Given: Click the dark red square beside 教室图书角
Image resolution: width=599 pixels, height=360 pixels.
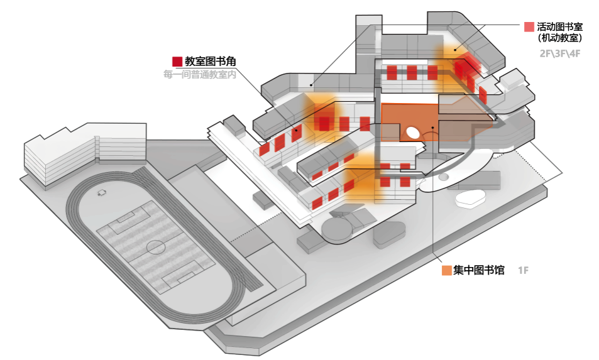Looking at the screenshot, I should [177, 62].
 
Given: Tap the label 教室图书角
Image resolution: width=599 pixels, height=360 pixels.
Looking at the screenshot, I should [210, 62].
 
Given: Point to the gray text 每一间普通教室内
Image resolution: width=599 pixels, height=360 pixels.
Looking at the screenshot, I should [199, 74].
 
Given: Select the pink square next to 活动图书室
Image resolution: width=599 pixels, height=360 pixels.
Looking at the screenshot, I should [529, 27].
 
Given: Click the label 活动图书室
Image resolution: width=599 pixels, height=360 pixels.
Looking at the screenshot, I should [559, 27].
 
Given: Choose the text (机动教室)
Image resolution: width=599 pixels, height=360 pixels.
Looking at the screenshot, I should [559, 38].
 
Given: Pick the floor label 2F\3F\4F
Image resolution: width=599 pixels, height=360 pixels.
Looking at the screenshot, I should [559, 53].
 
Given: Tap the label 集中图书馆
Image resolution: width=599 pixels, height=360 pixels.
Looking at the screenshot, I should [478, 270].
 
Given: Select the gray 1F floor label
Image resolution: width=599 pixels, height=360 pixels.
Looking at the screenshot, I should [523, 270].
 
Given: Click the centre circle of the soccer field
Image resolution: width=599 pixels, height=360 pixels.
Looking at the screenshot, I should [156, 247].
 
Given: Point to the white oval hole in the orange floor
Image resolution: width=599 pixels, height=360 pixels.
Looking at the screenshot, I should [414, 133].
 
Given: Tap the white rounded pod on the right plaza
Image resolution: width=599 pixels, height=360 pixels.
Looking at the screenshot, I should [470, 199].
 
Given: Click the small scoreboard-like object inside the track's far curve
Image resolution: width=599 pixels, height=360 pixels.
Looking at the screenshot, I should [102, 192].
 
